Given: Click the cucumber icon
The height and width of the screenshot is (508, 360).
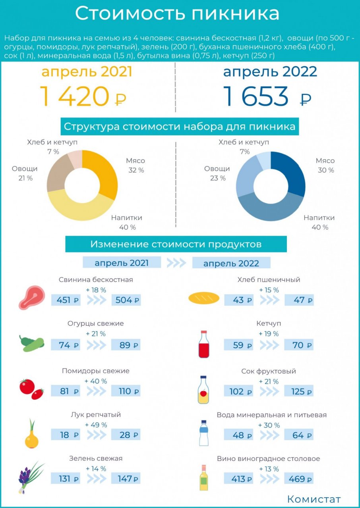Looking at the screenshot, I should coord(32,344).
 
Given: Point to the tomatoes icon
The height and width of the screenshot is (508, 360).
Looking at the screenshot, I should coord(31,389).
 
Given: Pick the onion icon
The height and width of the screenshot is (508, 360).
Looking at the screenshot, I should coord(31,434).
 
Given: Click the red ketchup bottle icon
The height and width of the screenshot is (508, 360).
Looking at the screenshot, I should coord(203,344).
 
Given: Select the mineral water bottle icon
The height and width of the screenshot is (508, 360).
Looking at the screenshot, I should coord(203,433).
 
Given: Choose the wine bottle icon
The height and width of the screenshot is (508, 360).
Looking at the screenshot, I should coord(203,478).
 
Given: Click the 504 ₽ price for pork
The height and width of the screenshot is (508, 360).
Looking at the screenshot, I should coord(126,300).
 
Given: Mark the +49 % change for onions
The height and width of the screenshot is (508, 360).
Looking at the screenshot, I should coord(96,425).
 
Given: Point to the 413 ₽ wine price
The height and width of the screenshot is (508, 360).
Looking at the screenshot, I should coord(241,479).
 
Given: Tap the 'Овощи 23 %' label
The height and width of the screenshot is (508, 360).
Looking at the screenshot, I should coord(217,173).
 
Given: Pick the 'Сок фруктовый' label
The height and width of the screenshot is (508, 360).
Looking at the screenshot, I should coord(269,371).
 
